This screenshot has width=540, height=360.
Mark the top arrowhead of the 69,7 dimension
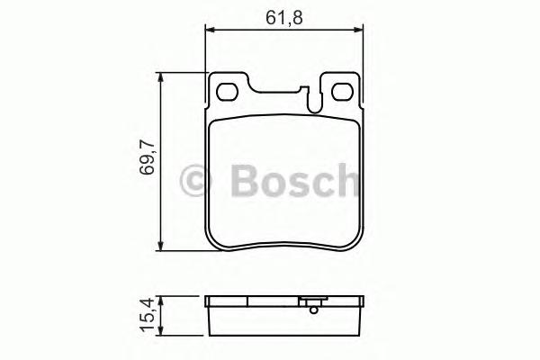pos(161,79)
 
